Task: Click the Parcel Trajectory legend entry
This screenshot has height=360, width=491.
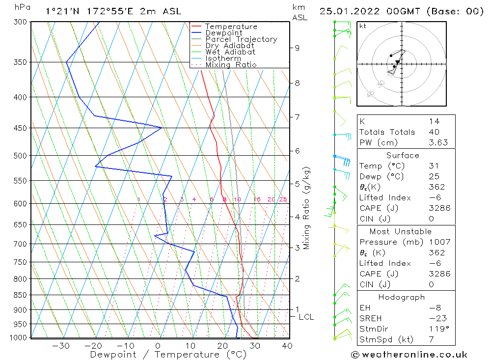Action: pyautogui.click(x=241, y=39)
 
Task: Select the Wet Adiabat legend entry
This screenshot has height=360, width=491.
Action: pyautogui.click(x=230, y=52)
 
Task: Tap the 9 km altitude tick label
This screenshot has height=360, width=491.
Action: pyautogui.click(x=297, y=48)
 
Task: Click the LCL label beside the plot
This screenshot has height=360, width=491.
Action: pyautogui.click(x=306, y=317)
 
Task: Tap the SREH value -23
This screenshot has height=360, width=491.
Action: pyautogui.click(x=436, y=318)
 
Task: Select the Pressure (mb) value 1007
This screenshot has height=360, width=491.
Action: pyautogui.click(x=437, y=242)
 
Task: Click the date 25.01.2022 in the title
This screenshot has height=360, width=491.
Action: pyautogui.click(x=351, y=11)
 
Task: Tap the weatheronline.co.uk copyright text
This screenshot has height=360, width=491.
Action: pyautogui.click(x=409, y=355)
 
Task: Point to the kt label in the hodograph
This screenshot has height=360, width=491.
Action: pyautogui.click(x=362, y=26)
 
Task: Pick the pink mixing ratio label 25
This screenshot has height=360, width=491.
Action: pyautogui.click(x=283, y=199)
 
